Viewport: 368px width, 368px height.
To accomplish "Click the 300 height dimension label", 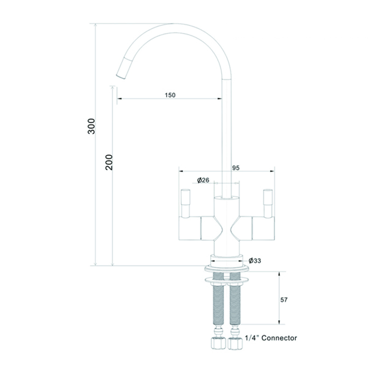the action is tap(91, 126).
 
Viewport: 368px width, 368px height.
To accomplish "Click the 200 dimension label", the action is tap(109, 162).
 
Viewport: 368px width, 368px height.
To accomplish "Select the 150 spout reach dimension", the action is tap(170, 95).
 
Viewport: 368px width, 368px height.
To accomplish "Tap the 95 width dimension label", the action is tap(236, 168).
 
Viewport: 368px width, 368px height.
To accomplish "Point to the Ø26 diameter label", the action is tap(203, 180).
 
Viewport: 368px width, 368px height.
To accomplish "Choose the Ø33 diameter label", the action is tap(255, 260).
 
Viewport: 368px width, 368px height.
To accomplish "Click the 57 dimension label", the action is tap(284, 300).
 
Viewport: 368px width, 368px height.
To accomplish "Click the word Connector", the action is tap(279, 338).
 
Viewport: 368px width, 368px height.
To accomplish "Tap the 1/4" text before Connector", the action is tap(252, 338).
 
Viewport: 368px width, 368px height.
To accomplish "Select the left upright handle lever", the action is tap(186, 203).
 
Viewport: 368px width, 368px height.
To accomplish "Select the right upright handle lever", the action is tap(268, 203).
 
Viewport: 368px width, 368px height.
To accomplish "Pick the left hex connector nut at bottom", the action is tap(218, 343).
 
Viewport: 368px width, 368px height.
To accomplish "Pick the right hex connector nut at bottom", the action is tap(235, 343).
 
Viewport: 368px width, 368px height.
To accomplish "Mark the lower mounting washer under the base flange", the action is tap(226, 280).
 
